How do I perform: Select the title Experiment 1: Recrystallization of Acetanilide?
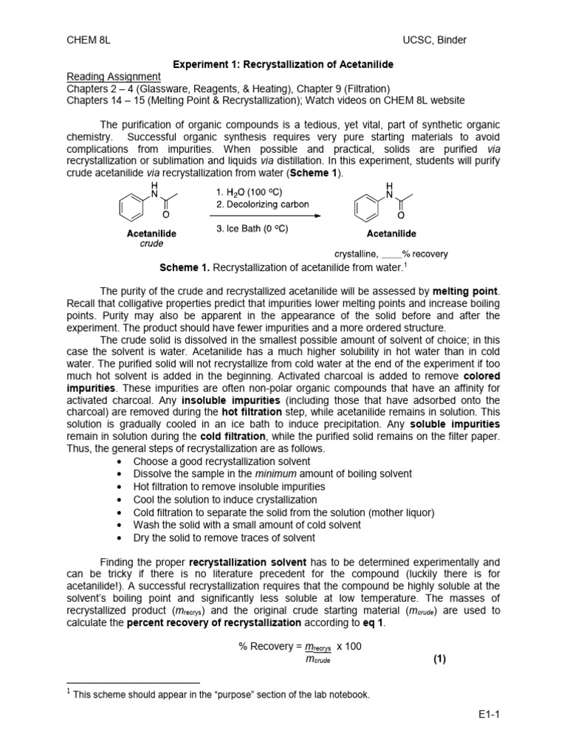[283, 65]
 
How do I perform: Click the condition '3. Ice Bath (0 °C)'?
[252, 228]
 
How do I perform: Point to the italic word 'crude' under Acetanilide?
[151, 244]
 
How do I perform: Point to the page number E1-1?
[489, 714]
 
